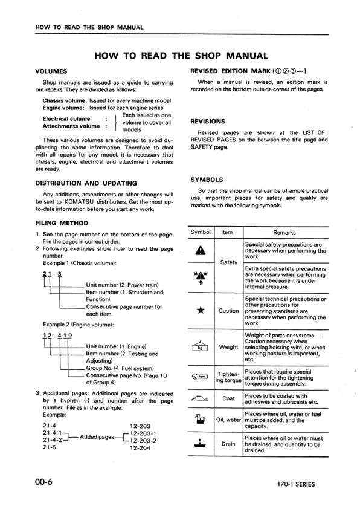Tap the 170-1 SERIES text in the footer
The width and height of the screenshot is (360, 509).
(x=292, y=484)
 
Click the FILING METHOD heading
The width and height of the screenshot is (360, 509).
(x=62, y=222)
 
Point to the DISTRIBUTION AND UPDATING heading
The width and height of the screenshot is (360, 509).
(x=86, y=183)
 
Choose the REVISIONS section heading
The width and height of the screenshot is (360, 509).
(x=208, y=121)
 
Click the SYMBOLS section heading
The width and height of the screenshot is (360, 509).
(x=207, y=180)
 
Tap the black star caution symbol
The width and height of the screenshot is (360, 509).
(x=201, y=311)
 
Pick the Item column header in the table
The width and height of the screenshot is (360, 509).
(x=228, y=232)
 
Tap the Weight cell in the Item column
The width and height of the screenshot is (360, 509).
(x=228, y=347)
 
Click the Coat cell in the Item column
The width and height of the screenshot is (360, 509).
(x=228, y=398)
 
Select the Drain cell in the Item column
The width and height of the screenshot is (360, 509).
(x=228, y=444)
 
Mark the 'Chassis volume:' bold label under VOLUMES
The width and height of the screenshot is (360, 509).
(x=65, y=100)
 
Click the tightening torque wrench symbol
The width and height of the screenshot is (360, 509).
(x=201, y=377)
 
